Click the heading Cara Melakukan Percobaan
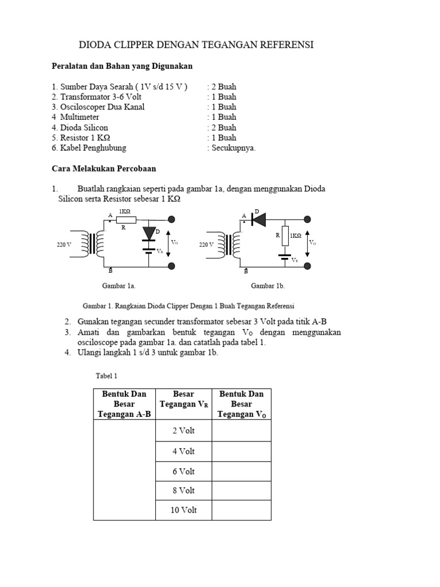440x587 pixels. pyautogui.click(x=104, y=169)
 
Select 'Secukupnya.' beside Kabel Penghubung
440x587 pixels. pyautogui.click(x=231, y=148)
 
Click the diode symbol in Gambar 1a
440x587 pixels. pyautogui.click(x=150, y=232)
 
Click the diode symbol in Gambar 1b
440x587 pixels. pyautogui.click(x=256, y=219)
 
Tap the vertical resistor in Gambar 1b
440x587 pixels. pyautogui.click(x=285, y=236)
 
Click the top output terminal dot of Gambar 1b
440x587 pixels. pyautogui.click(x=308, y=219)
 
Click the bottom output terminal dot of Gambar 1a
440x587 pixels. pyautogui.click(x=171, y=266)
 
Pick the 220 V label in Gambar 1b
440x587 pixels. pyautogui.click(x=206, y=245)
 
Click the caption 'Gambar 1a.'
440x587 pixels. pyautogui.click(x=119, y=285)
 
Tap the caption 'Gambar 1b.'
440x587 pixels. pyautogui.click(x=268, y=285)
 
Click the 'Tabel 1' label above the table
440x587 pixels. pyautogui.click(x=106, y=376)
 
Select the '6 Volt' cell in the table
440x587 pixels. pyautogui.click(x=183, y=471)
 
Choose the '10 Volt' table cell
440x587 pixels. pyautogui.click(x=183, y=510)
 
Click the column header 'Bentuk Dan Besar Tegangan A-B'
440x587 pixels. pyautogui.click(x=124, y=404)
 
